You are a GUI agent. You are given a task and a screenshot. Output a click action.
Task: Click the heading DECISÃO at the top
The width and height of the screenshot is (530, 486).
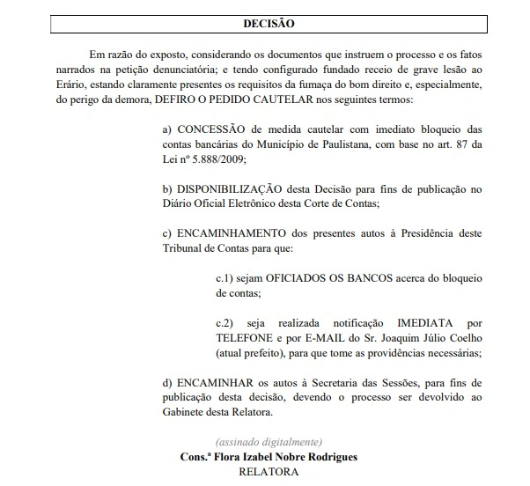269,24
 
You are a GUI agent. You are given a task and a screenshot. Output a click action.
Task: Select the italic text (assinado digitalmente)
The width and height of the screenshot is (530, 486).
269,440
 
